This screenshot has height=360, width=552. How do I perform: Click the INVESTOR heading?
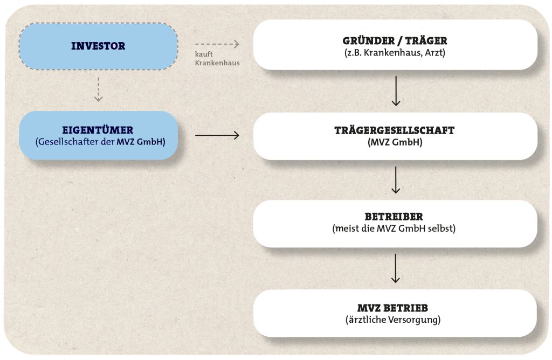click(x=98, y=46)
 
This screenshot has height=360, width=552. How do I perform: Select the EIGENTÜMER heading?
click(x=98, y=130)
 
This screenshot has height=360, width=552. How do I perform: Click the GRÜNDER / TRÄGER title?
click(x=395, y=40)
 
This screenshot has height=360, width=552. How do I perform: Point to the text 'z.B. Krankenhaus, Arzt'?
click(x=395, y=53)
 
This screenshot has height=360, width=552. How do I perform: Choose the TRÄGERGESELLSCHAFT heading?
click(x=395, y=130)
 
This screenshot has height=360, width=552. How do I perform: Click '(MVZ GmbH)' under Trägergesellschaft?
click(x=395, y=143)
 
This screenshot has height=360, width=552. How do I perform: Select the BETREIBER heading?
click(x=395, y=217)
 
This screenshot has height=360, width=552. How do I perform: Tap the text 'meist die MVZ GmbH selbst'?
click(x=395, y=229)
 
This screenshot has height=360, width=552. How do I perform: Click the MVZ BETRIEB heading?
click(x=395, y=308)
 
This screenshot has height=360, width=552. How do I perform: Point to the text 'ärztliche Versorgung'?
click(x=395, y=320)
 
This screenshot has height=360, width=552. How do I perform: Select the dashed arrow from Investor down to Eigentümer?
click(x=98, y=89)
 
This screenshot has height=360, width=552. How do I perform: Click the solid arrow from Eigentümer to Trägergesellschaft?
click(x=217, y=135)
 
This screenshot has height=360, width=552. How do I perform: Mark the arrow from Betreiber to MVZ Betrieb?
click(x=396, y=268)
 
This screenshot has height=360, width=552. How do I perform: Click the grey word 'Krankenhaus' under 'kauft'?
click(x=217, y=63)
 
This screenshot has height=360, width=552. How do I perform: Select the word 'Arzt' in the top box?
click(x=434, y=53)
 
